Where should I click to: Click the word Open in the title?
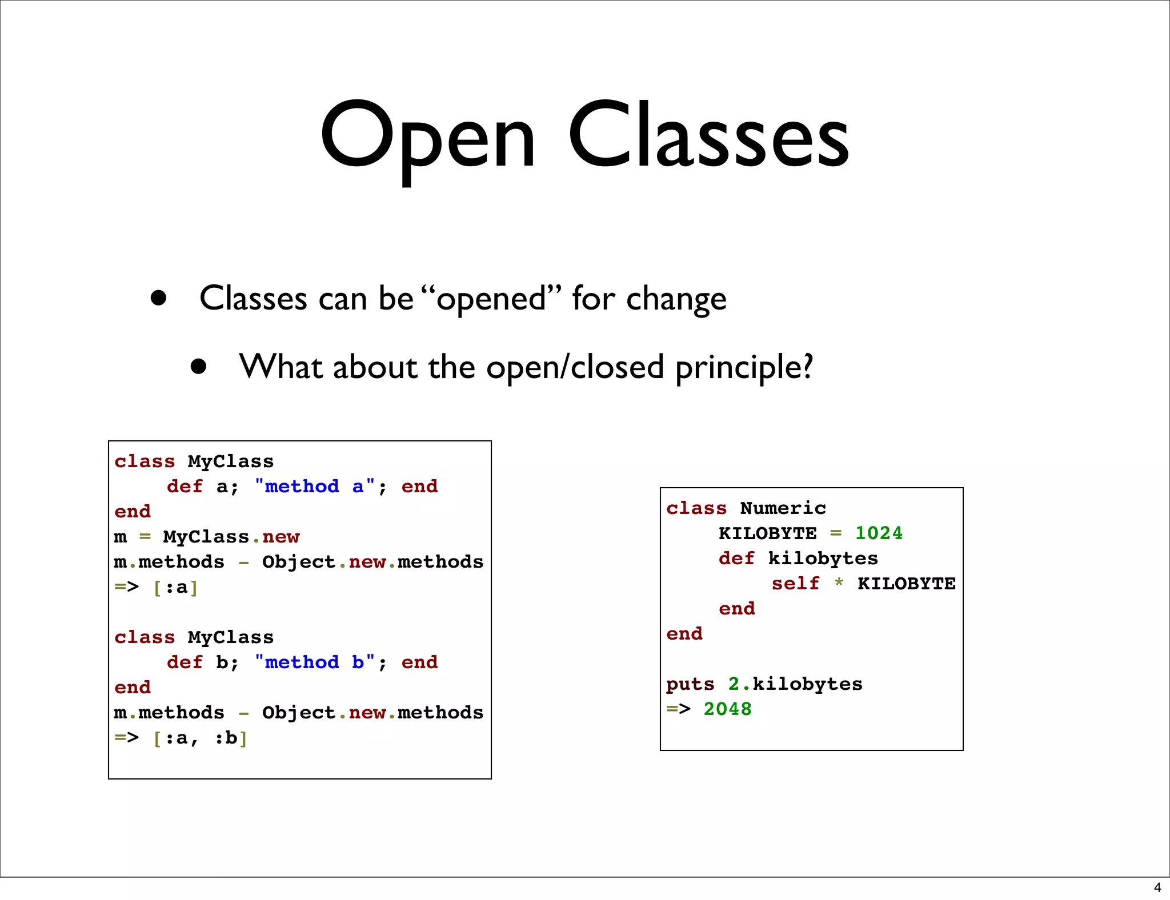427,137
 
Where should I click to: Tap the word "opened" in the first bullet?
491,298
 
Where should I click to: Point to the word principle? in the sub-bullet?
744,367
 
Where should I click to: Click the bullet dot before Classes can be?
158,298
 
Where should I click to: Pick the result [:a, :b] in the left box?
200,738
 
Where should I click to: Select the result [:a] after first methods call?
175,587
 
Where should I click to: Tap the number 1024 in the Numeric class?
879,533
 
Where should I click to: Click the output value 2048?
727,709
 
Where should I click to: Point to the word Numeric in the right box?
783,508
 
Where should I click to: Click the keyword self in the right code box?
795,584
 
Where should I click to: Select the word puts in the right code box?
690,684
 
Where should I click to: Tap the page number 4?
1157,887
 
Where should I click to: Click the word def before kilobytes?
736,559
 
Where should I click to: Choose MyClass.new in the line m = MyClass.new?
231,537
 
